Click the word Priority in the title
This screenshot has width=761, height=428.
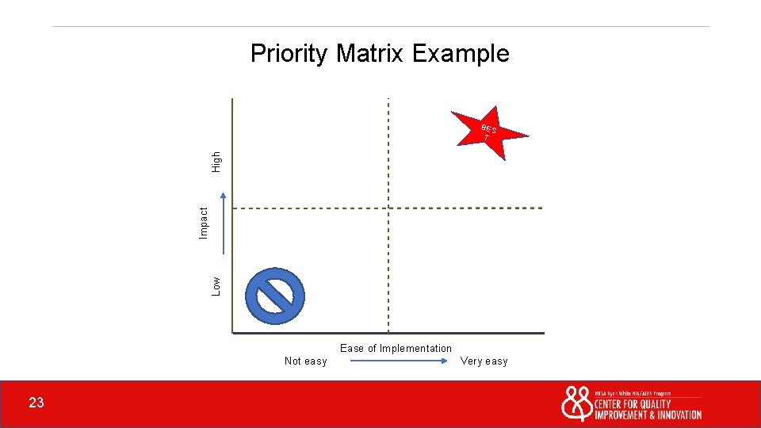tap(289, 54)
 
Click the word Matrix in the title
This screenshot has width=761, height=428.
tap(369, 54)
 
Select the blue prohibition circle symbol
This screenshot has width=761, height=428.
tap(275, 296)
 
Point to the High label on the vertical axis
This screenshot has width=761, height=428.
tap(216, 162)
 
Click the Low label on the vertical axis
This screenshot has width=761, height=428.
tap(216, 285)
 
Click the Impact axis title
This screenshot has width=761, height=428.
tap(204, 223)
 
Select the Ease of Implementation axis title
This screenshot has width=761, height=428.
tap(396, 348)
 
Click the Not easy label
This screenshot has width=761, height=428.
tap(305, 361)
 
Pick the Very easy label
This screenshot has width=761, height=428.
tap(484, 361)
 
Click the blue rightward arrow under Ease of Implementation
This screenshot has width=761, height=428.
tap(399, 361)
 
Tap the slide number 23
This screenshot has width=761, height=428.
tap(36, 403)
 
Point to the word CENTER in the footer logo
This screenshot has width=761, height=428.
tap(612, 404)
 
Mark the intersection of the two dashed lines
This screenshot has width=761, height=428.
tap(388, 208)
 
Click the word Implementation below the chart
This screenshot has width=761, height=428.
tap(415, 348)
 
